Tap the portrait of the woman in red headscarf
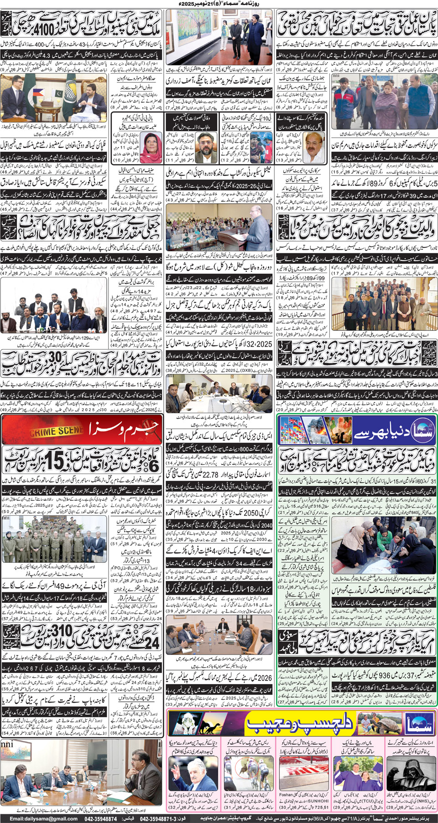coord(151,144)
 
